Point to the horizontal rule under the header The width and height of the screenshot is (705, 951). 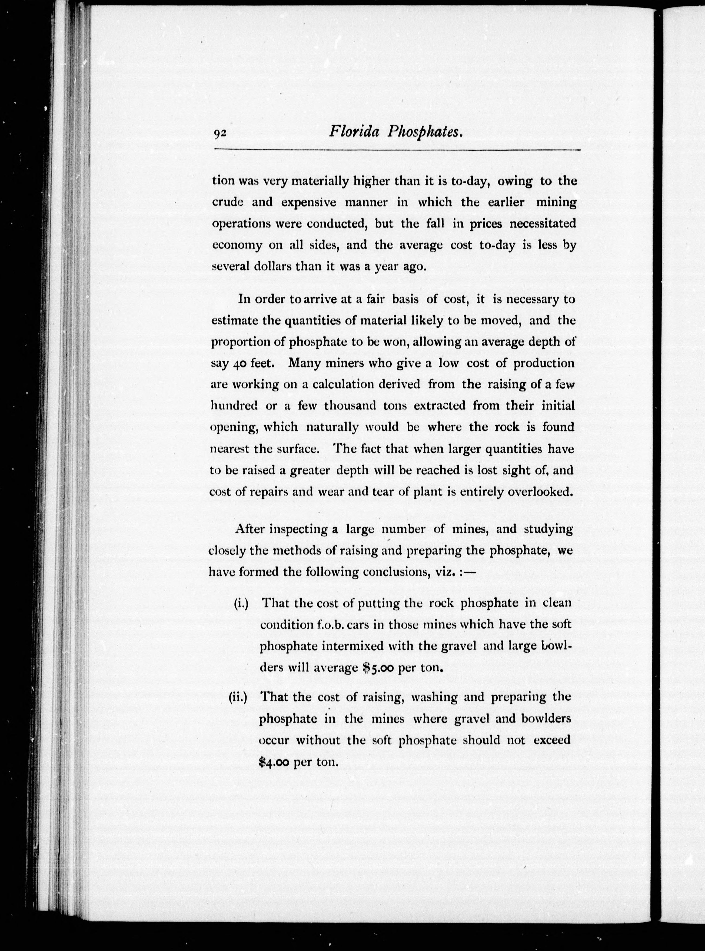click(397, 150)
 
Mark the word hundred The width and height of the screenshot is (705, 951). click(234, 406)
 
